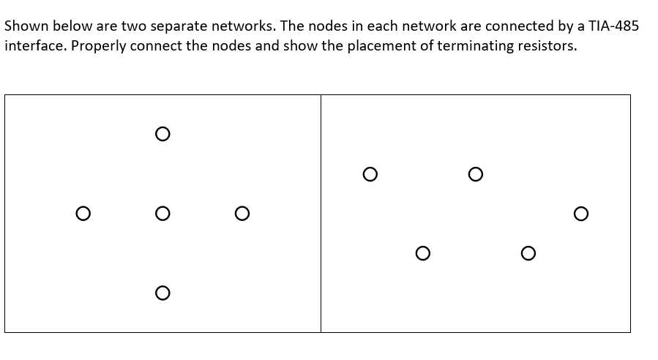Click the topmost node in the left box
[x=162, y=134]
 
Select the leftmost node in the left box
[x=83, y=214]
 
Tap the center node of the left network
[x=162, y=214]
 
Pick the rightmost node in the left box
[x=242, y=214]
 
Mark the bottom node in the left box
[x=162, y=293]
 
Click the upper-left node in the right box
[x=370, y=174]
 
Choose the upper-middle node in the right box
[x=475, y=174]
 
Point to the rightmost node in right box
[x=580, y=214]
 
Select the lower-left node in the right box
[x=422, y=253]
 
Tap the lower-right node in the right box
[x=528, y=253]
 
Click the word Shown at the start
[x=24, y=26]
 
